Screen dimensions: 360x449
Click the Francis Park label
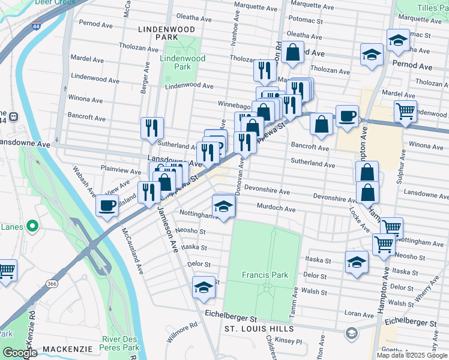pos(265,275)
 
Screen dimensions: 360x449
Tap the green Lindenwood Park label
pos(182,62)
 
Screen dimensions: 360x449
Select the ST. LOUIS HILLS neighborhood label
pos(259,329)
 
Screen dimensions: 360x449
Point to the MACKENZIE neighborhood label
pos(67,349)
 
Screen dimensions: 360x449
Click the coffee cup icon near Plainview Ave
pos(107,205)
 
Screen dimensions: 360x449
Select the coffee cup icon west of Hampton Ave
pos(346,115)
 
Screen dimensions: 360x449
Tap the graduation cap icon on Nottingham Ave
pos(223,206)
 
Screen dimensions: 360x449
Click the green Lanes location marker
pos(32,226)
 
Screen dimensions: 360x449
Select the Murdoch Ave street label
pos(276,209)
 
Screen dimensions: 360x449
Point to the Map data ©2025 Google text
pos(412,355)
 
